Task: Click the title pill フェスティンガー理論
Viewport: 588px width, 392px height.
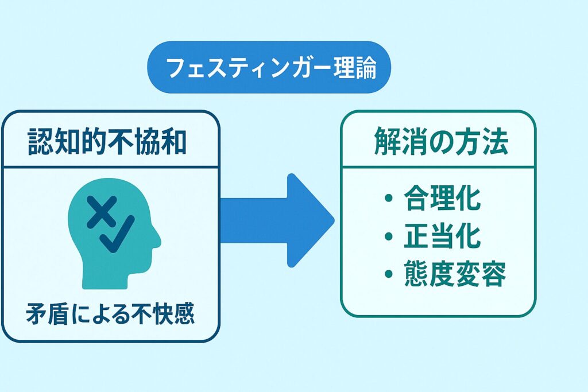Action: pyautogui.click(x=269, y=67)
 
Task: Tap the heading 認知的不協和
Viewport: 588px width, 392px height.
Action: pyautogui.click(x=107, y=142)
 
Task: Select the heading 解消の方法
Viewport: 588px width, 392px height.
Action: pyautogui.click(x=441, y=142)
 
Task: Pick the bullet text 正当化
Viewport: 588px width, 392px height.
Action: pyautogui.click(x=442, y=236)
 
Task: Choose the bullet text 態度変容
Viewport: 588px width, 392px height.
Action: pyautogui.click(x=455, y=274)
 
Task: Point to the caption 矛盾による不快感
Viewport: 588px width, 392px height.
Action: pyautogui.click(x=110, y=313)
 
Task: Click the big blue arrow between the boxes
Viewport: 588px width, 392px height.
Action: pyautogui.click(x=277, y=220)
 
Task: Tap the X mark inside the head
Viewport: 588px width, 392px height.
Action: pyautogui.click(x=101, y=211)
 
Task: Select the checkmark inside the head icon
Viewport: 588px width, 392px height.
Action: pyautogui.click(x=117, y=234)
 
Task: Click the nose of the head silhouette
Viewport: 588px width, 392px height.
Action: pyautogui.click(x=157, y=240)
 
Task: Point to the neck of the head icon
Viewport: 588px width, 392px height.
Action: pyautogui.click(x=105, y=279)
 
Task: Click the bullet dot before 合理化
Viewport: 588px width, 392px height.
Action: pyautogui.click(x=389, y=197)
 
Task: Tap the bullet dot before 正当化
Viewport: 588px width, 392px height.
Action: pyautogui.click(x=389, y=236)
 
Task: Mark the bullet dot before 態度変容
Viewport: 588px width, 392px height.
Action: pyautogui.click(x=389, y=274)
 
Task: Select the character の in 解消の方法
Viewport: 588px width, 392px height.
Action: pyautogui.click(x=441, y=142)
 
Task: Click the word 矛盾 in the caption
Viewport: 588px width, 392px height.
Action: pyautogui.click(x=47, y=313)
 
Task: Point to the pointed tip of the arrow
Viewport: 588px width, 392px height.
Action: pyautogui.click(x=334, y=220)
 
